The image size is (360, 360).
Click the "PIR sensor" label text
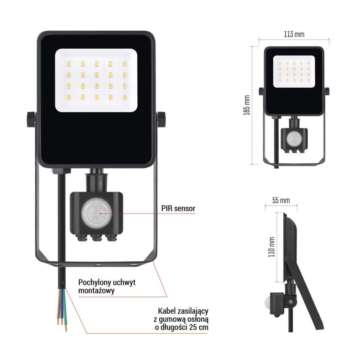178,208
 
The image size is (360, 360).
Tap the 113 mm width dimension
294,34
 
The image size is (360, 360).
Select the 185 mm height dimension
247,105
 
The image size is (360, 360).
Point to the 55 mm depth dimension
281,200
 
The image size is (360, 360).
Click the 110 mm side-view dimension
271,247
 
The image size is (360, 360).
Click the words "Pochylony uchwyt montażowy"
107,286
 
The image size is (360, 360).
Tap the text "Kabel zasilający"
183,311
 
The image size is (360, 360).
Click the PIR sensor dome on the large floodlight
97,213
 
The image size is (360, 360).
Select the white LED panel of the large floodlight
96,80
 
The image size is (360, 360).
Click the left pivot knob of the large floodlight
31,119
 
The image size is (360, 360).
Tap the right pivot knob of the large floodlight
161,119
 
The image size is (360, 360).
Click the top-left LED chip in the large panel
69,64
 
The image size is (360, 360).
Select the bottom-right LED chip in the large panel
125,97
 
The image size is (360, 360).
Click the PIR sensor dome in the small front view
294,138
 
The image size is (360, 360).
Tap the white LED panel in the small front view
294,72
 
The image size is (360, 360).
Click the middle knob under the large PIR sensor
97,238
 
